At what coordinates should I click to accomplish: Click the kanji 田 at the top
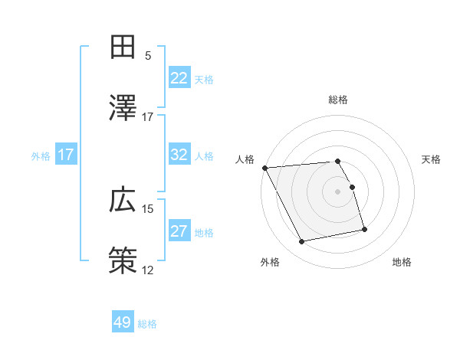point(123,47)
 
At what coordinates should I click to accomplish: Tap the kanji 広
point(123,200)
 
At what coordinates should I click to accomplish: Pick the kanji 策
point(123,261)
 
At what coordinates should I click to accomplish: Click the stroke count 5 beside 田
point(148,55)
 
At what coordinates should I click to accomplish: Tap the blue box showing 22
point(179,78)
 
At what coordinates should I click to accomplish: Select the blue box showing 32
point(179,155)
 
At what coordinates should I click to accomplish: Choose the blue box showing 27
point(179,231)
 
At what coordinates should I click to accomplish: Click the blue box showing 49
point(123,322)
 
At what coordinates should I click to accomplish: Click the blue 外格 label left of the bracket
point(41,155)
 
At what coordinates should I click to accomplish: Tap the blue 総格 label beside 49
point(147,324)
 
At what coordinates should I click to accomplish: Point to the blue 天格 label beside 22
point(204,79)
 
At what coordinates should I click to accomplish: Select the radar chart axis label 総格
point(338,100)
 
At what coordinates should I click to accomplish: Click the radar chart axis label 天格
point(432,159)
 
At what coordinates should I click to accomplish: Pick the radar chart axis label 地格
point(402,262)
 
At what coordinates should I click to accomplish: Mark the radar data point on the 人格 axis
point(264,168)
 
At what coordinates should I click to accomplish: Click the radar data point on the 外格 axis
point(302,242)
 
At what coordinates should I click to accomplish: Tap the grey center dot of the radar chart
point(338,191)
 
